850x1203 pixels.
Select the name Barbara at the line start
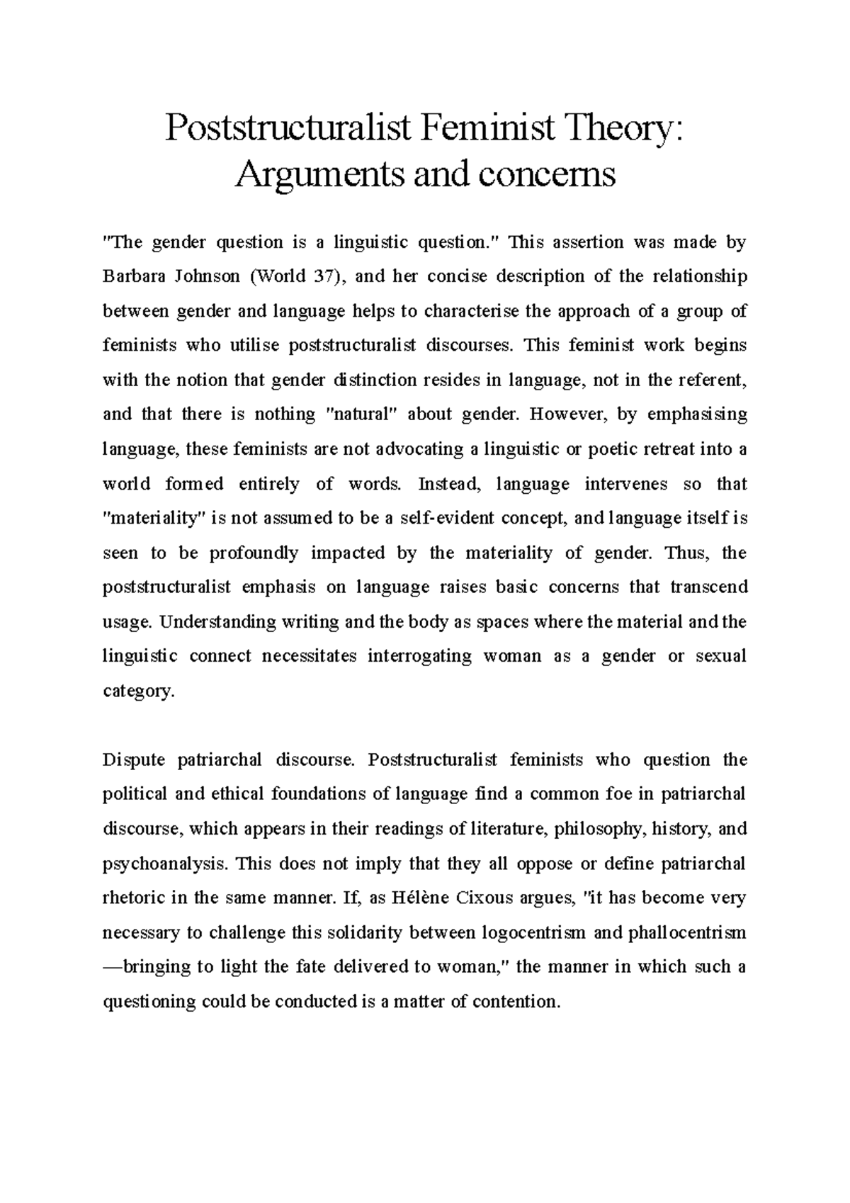click(x=132, y=277)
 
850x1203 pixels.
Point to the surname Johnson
click(x=205, y=277)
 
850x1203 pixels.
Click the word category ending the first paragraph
click(x=137, y=691)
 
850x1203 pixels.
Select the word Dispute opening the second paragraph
click(x=132, y=760)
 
